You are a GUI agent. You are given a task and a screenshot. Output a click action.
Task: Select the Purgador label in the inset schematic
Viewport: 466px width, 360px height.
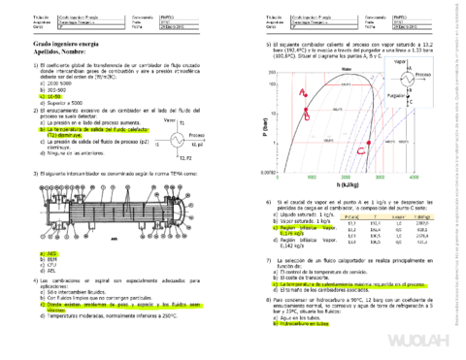(x=400, y=100)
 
